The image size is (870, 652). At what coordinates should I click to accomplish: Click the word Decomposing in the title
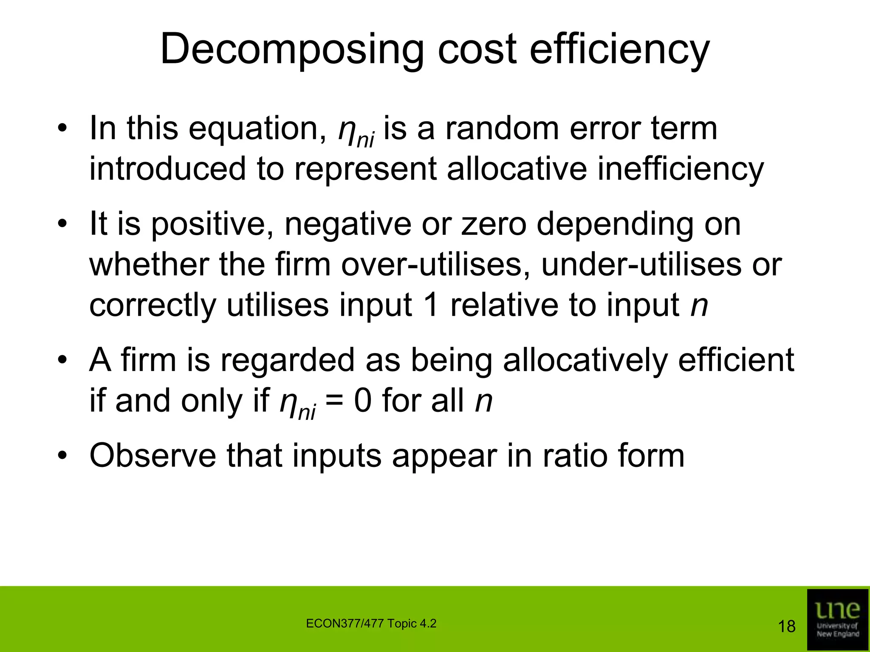coord(291,50)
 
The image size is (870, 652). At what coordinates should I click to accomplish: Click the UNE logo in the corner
coord(837,619)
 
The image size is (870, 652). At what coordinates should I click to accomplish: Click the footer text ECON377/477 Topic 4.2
coord(371,624)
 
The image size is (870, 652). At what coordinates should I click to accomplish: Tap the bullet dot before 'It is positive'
coord(63,224)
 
